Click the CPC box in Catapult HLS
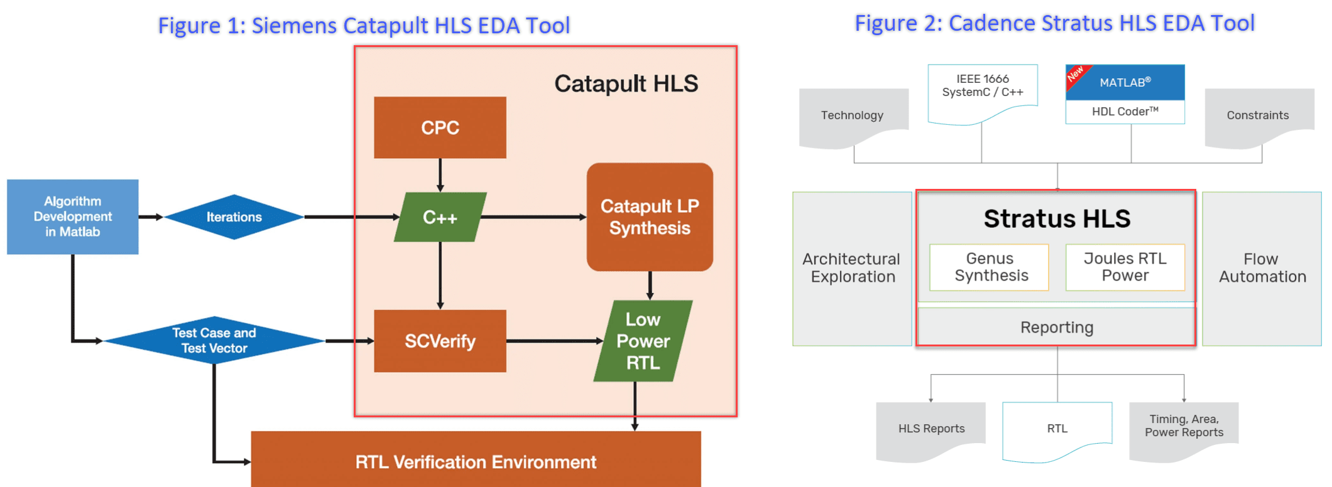(x=440, y=127)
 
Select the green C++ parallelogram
(x=440, y=217)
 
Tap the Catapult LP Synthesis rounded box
(x=650, y=217)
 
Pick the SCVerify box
(x=440, y=341)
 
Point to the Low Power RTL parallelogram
(x=643, y=341)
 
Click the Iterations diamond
(x=234, y=217)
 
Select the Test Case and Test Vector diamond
(x=214, y=340)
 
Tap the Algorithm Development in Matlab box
(x=72, y=217)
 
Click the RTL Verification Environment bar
(x=476, y=461)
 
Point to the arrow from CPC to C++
(x=440, y=175)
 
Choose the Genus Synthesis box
(x=989, y=267)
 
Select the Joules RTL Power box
(x=1125, y=267)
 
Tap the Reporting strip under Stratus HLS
(x=1056, y=327)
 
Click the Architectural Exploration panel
(x=852, y=269)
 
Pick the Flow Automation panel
(x=1262, y=269)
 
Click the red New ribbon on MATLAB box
(x=1076, y=74)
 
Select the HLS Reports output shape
(x=931, y=429)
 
